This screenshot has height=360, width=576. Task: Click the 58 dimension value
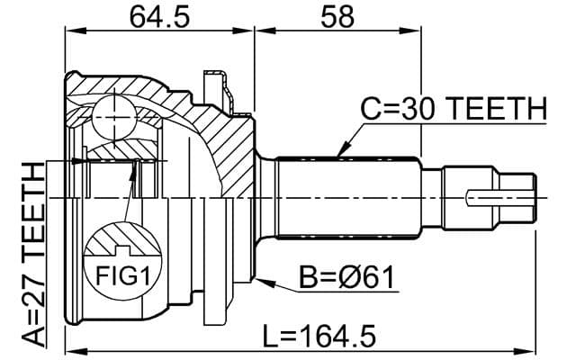pyautogui.click(x=337, y=15)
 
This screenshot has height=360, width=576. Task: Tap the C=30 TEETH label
pyautogui.click(x=454, y=109)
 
